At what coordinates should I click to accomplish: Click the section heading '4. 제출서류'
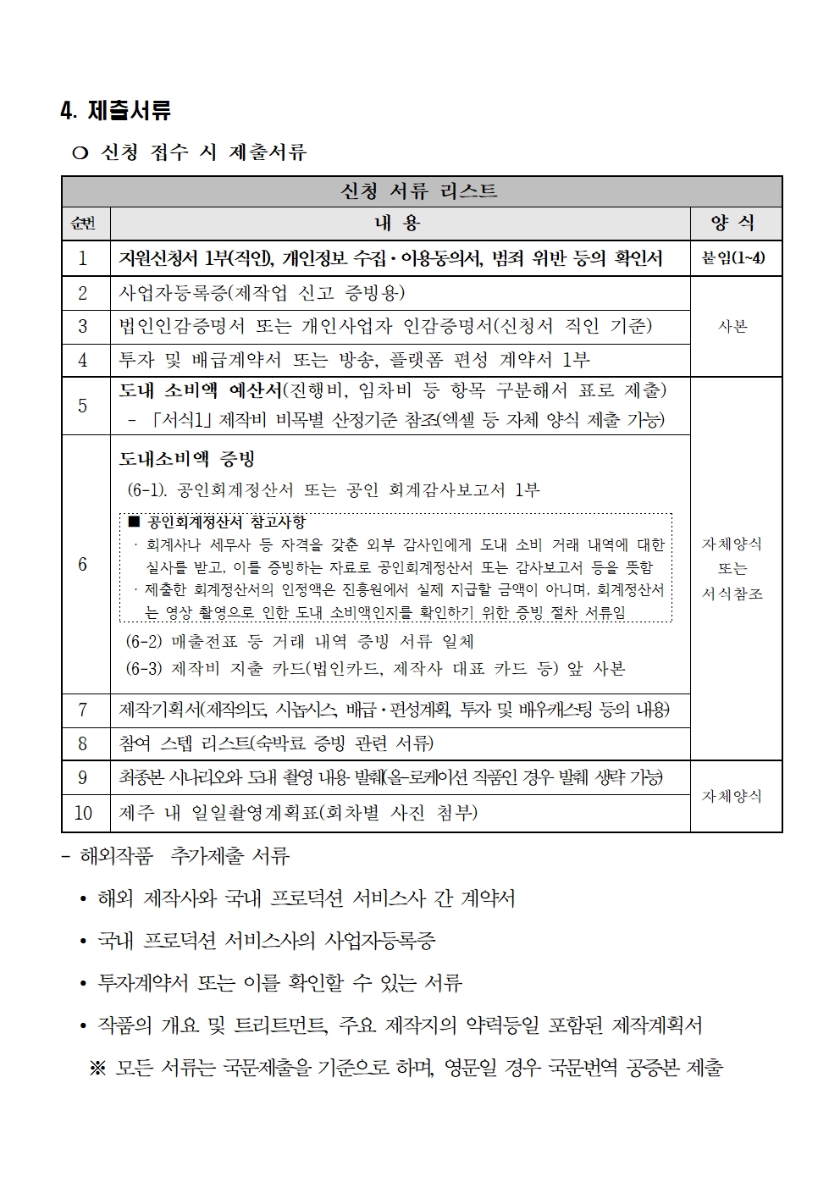coord(115,111)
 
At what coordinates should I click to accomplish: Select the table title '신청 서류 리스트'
coord(418,191)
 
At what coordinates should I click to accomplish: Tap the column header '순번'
coord(84,224)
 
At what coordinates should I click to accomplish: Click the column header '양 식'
coord(733,224)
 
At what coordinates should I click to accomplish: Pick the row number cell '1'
coord(83,258)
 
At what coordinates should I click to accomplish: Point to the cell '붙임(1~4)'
coord(733,258)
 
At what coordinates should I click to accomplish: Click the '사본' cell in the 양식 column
coord(733,327)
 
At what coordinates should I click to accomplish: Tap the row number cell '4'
coord(83,361)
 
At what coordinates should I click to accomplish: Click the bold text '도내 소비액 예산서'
coord(200,390)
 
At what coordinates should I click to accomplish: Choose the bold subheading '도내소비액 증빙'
coord(186,459)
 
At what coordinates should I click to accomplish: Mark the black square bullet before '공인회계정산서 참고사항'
coord(134,522)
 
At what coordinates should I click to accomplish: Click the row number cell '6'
coord(83,565)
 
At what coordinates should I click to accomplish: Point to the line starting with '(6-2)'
coord(300,641)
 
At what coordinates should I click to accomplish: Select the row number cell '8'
coord(83,743)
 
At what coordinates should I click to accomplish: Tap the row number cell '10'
coord(83,813)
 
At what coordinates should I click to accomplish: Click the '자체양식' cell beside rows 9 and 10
coord(733,796)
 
